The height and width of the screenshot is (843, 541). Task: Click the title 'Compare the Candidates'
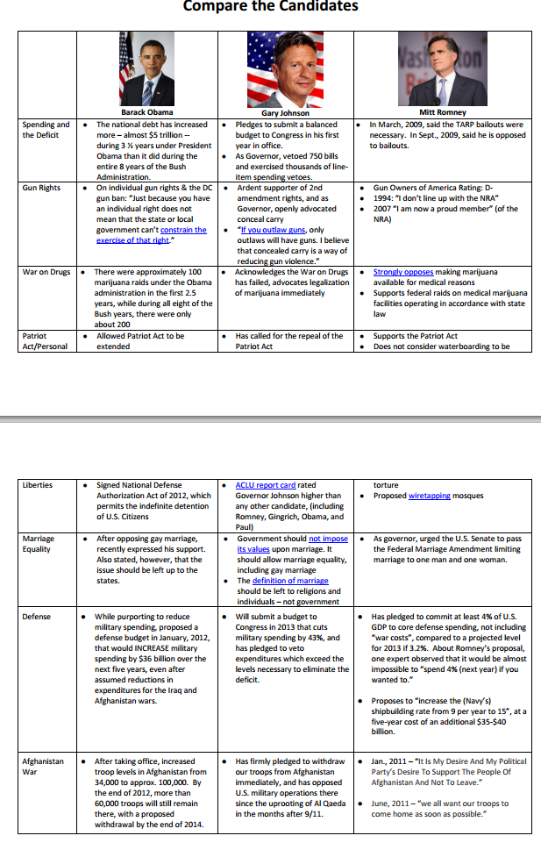[270, 7]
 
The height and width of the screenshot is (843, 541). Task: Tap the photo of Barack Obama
[146, 68]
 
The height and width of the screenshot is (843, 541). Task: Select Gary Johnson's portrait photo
[286, 68]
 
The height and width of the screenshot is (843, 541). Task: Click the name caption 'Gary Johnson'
[285, 113]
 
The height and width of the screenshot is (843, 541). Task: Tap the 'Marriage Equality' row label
[39, 544]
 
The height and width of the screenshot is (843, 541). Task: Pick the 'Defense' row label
[37, 617]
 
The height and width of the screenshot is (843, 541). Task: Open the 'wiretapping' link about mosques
[429, 496]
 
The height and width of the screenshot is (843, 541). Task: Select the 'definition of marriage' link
[290, 581]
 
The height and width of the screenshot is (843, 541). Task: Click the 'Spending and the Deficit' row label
[46, 130]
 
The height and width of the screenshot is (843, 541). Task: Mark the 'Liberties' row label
[38, 484]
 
